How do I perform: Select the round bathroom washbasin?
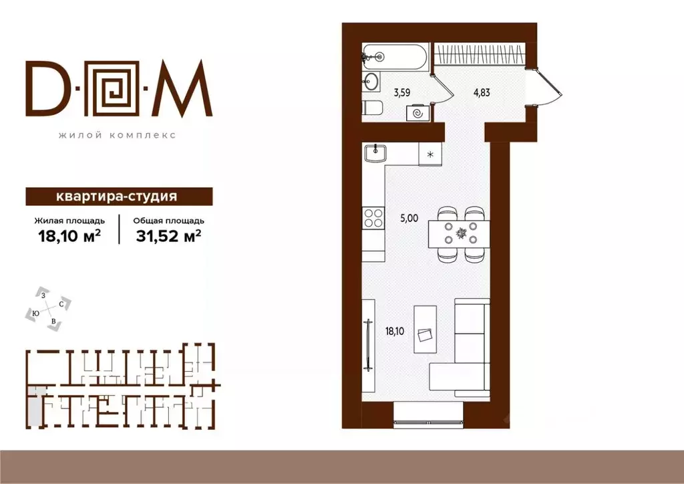[x=371, y=82]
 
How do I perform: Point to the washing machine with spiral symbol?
[x=418, y=113]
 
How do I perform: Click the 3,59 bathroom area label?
[x=401, y=92]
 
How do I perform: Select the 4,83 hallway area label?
[x=482, y=92]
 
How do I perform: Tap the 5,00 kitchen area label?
[x=409, y=218]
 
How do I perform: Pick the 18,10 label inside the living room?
[x=394, y=332]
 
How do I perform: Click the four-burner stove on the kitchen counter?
[x=373, y=218]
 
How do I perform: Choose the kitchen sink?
[x=375, y=153]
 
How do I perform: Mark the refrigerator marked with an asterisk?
[x=430, y=154]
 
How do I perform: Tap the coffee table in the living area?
[x=425, y=329]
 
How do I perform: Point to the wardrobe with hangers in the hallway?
[x=479, y=55]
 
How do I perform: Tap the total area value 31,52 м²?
[x=168, y=236]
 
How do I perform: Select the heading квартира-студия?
[x=116, y=197]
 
